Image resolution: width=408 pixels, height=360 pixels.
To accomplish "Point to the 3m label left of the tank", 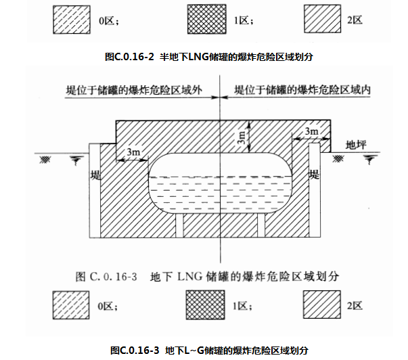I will tap(133, 153).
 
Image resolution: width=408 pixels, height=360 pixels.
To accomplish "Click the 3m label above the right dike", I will tap(312, 131).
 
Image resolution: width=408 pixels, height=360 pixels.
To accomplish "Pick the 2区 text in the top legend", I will tap(355, 21).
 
